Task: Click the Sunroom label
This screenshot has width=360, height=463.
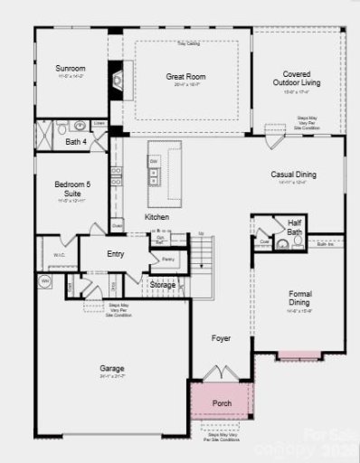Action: pos(71,68)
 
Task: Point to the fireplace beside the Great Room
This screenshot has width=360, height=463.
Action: pos(116,79)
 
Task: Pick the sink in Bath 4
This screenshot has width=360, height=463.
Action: pos(80,126)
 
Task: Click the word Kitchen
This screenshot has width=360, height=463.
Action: pos(157,217)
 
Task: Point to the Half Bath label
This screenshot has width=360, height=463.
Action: pos(295,227)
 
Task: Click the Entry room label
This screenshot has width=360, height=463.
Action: pos(115,254)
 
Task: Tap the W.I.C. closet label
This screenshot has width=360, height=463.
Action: pos(59,256)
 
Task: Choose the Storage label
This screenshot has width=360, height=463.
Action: pos(163,285)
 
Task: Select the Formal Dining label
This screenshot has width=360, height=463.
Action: pos(299,298)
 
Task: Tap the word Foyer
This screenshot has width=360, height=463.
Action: pos(221,338)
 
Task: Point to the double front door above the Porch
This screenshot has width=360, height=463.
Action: pos(222,372)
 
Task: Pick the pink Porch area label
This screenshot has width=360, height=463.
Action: pos(221,402)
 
